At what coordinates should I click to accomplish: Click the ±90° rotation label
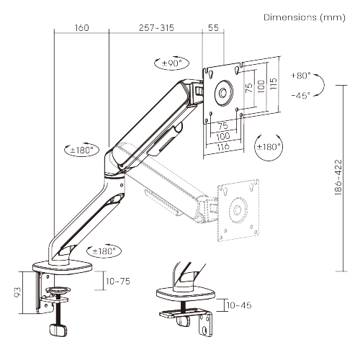pyautogui.click(x=171, y=63)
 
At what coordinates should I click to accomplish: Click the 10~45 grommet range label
pyautogui.click(x=238, y=305)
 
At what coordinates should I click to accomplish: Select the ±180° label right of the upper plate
pyautogui.click(x=269, y=147)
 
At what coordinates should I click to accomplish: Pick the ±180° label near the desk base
pyautogui.click(x=102, y=251)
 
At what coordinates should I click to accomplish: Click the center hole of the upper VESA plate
pyautogui.click(x=224, y=91)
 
